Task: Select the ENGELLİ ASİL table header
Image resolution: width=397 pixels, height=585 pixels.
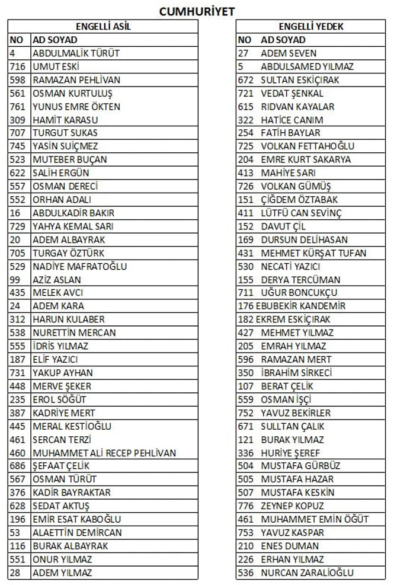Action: pos(104,27)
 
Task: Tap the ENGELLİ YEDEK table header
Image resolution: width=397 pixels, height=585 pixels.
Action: pos(311,27)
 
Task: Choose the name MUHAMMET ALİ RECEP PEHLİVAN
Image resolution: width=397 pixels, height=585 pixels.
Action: pos(104,453)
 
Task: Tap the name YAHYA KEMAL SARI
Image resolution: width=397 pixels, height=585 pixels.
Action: pos(73,226)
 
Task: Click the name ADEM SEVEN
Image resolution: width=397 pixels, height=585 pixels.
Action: pos(289,53)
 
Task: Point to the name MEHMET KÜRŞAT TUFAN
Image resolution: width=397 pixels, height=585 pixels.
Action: pos(313,253)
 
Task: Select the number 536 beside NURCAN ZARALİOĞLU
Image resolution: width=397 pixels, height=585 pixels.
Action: pos(245,573)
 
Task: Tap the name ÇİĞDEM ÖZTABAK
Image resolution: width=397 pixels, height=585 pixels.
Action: pos(300,200)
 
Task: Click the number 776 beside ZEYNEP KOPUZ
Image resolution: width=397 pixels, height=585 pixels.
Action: pos(245,506)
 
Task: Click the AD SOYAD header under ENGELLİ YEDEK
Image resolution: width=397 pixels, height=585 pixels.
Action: pos(283,40)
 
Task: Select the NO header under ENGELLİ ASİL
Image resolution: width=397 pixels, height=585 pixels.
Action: pos(16,40)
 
